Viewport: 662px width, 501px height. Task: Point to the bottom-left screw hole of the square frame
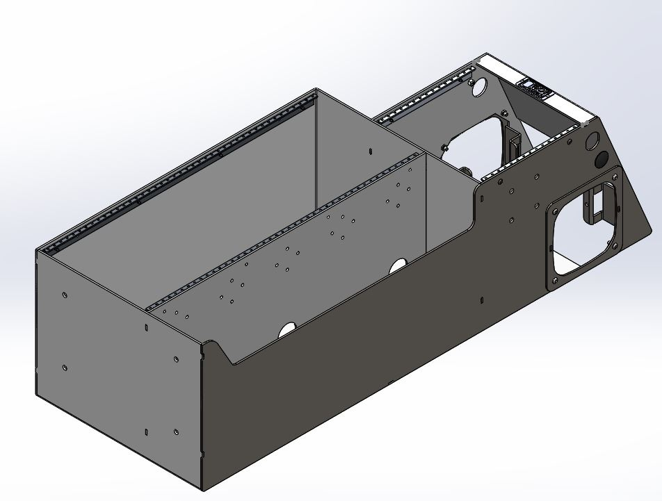554,281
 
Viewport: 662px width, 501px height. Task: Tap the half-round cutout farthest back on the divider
398,265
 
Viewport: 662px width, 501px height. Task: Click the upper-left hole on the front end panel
64,295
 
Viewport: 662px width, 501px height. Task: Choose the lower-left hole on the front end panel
64,368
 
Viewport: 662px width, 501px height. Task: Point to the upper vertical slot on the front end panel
147,327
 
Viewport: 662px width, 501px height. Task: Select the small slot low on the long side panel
481,300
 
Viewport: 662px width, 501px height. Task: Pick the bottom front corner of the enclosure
202,485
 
